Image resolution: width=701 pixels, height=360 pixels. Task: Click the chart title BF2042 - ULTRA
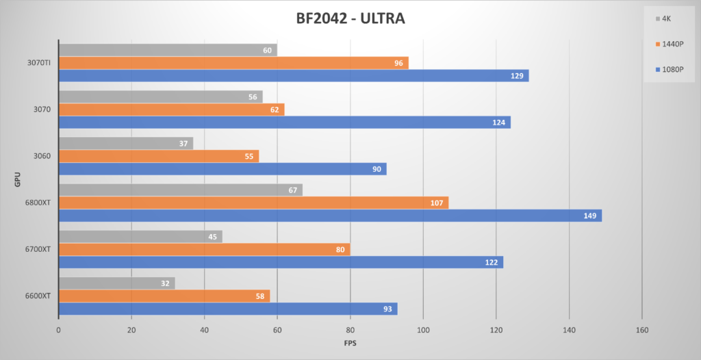pos(350,18)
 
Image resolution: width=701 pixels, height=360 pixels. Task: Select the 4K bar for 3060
pos(126,143)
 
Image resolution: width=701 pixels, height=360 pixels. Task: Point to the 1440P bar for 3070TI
pos(233,63)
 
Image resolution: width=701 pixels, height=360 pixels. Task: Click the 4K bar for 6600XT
pos(116,283)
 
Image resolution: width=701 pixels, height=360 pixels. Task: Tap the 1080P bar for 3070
pos(284,123)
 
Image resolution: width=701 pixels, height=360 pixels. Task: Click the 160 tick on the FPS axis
pos(642,330)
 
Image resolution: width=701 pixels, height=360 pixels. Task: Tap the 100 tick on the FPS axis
pos(423,330)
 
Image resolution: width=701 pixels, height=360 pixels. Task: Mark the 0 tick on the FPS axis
pos(59,330)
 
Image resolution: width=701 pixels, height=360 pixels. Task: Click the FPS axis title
pos(350,342)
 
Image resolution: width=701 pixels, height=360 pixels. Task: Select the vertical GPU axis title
pos(16,179)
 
